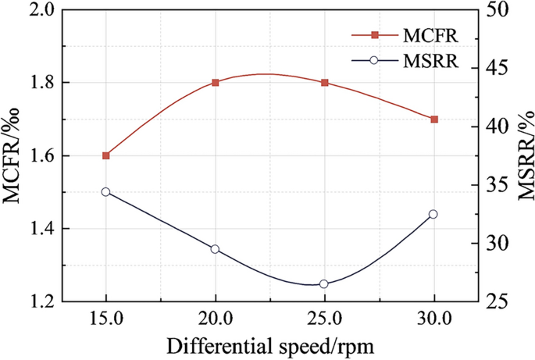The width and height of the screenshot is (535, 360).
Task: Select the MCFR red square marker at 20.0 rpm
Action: point(216,82)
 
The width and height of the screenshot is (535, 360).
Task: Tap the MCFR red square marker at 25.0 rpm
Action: point(325,82)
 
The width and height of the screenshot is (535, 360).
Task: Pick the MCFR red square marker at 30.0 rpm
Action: point(434,119)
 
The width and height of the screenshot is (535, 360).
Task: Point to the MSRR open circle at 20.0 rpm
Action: point(216,249)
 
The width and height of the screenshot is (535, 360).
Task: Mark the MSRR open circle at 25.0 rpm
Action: point(325,284)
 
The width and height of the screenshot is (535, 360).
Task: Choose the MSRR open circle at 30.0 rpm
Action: point(434,214)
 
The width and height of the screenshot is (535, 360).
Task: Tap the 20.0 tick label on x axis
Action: point(216,318)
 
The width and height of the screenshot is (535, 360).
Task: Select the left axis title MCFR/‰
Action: point(12,155)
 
